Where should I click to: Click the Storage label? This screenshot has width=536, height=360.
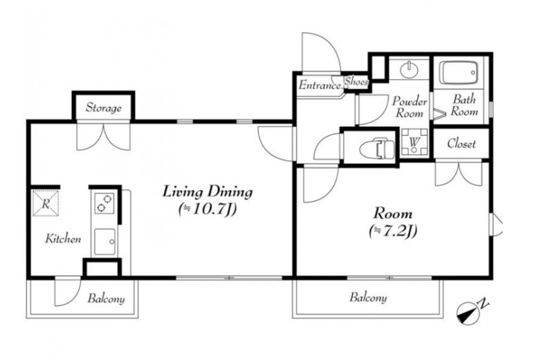click(104, 107)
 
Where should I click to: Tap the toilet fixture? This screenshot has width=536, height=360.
click(376, 148)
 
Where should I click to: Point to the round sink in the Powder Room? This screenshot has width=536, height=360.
click(409, 69)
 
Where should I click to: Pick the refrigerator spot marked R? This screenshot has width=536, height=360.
click(46, 204)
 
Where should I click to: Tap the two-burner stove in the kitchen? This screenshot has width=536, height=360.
click(104, 203)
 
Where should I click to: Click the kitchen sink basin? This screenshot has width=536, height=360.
click(105, 241)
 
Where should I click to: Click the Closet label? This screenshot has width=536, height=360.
click(461, 143)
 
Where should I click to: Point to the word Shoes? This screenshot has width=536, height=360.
click(356, 82)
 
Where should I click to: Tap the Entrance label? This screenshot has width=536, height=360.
click(320, 85)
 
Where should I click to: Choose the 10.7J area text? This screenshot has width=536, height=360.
click(207, 209)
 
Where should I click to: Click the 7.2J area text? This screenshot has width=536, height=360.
click(393, 231)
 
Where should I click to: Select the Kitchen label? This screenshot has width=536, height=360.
click(63, 239)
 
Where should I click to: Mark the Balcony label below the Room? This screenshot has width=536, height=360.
click(368, 298)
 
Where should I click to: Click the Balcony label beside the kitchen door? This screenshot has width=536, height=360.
click(106, 298)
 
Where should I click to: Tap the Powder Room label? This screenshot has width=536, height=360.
click(410, 107)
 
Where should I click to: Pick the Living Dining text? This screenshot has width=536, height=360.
click(207, 192)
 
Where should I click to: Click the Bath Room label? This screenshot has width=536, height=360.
click(464, 105)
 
